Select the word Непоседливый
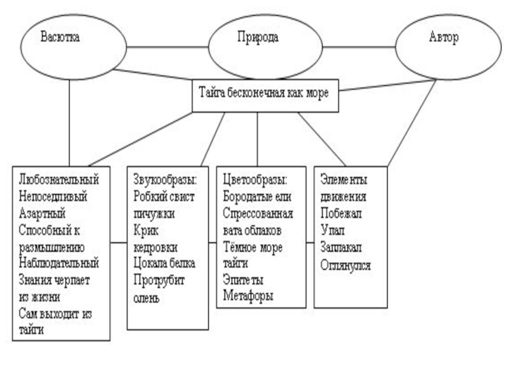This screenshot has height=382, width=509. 53,192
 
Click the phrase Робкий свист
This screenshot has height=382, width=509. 164,192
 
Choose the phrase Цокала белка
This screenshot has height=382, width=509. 164,262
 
